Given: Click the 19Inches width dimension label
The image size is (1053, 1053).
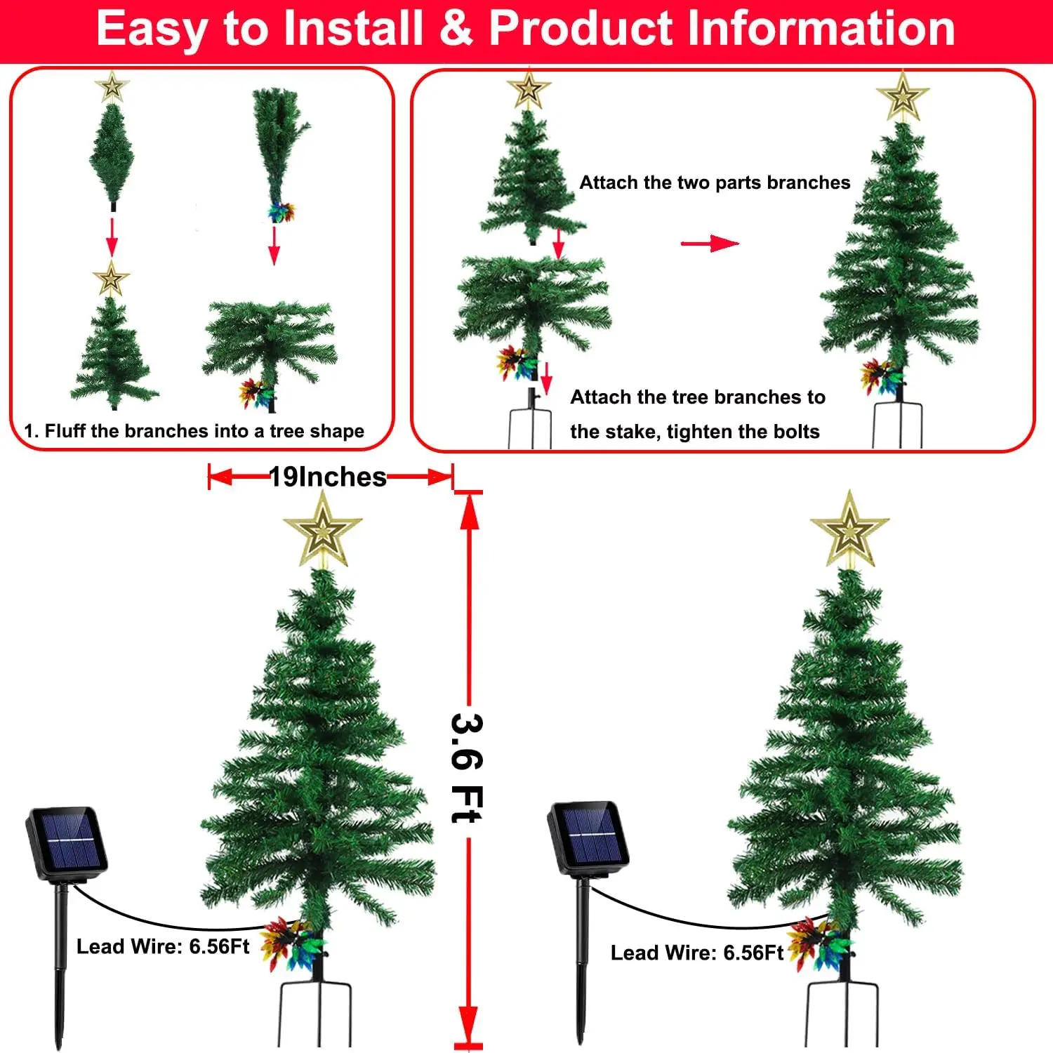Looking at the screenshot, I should pyautogui.click(x=328, y=477).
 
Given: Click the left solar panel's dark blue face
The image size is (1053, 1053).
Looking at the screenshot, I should pyautogui.click(x=68, y=839).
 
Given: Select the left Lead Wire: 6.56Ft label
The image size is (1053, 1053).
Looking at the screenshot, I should pyautogui.click(x=163, y=946).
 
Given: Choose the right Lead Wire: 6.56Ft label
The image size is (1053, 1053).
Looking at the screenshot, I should pyautogui.click(x=696, y=953).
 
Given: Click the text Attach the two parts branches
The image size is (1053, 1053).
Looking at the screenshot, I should pyautogui.click(x=714, y=183).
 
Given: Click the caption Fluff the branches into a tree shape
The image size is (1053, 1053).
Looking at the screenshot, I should pyautogui.click(x=204, y=431).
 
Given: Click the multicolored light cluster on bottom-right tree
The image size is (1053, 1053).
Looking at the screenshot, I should pyautogui.click(x=814, y=944).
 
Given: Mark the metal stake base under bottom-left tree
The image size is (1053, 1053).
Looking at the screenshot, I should pyautogui.click(x=316, y=1011).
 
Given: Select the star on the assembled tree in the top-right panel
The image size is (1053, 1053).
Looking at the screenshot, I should pyautogui.click(x=902, y=96).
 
